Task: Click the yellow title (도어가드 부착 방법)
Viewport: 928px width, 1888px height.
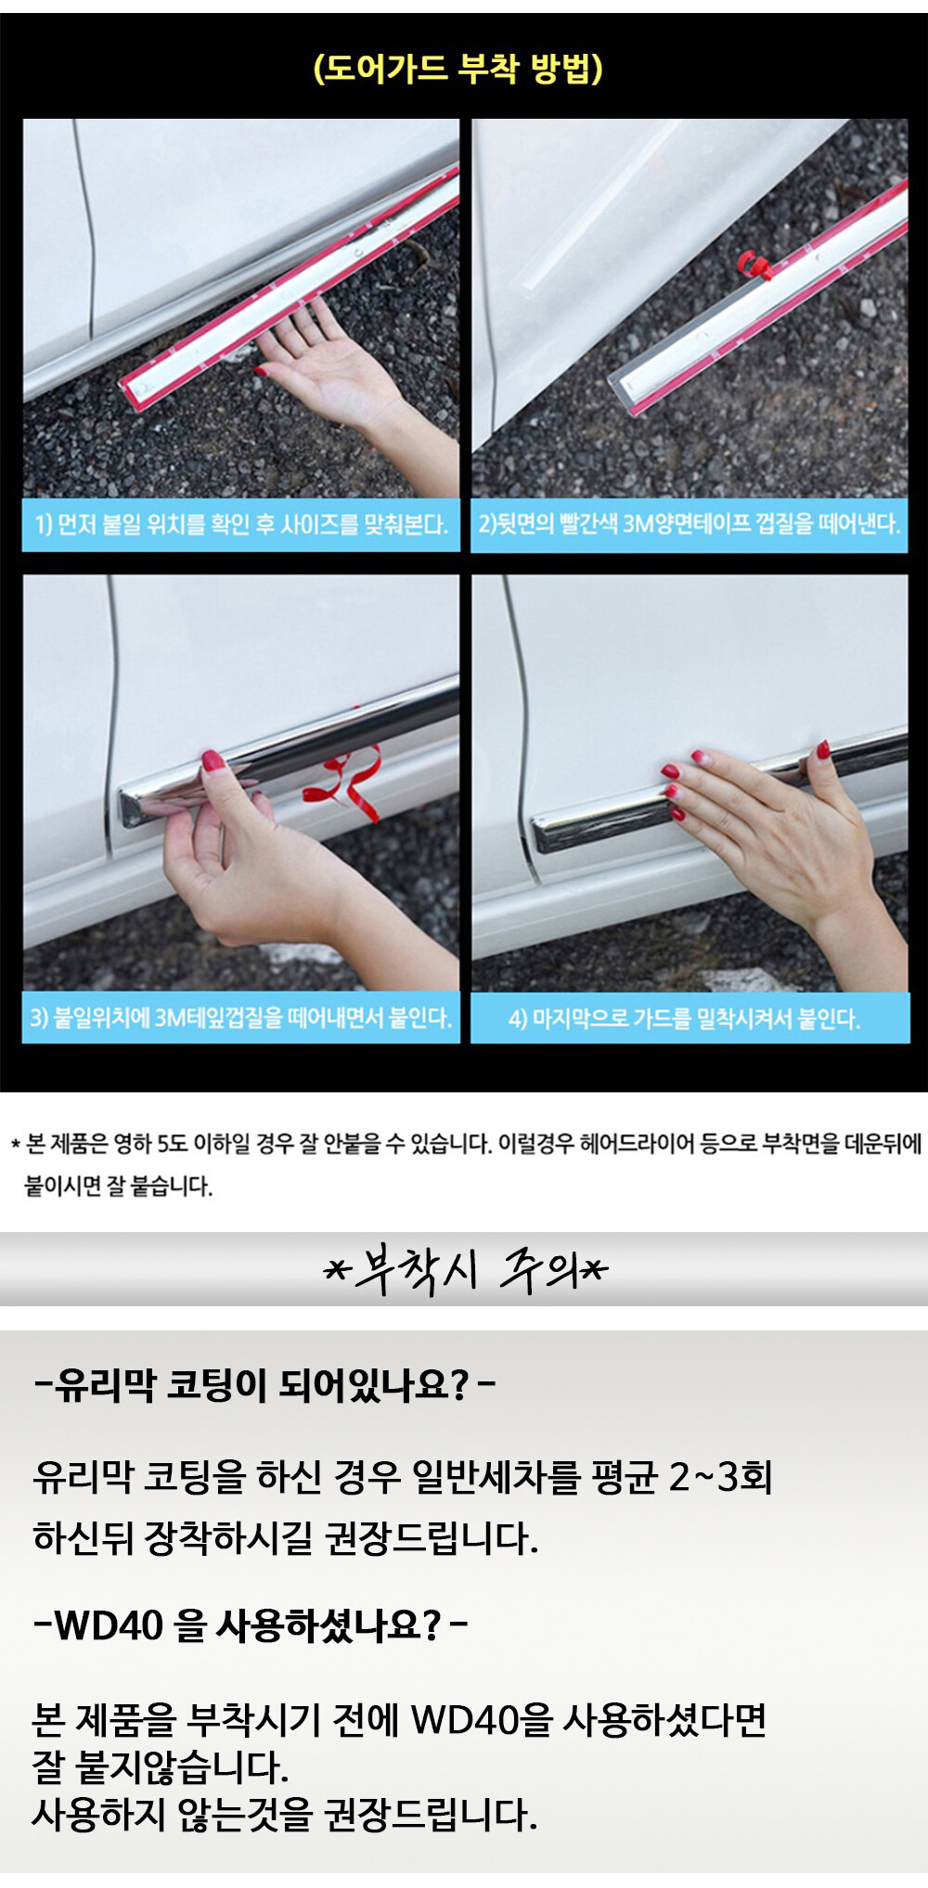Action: pyautogui.click(x=458, y=69)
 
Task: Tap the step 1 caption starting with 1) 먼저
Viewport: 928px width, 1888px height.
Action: pyautogui.click(x=241, y=525)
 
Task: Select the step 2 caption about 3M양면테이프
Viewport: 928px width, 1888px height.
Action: pyautogui.click(x=690, y=524)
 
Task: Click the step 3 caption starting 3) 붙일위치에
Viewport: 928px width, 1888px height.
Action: pyautogui.click(x=241, y=1018)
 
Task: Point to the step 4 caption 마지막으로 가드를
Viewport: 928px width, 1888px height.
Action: pyautogui.click(x=685, y=1019)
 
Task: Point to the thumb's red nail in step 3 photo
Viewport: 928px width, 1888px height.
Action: pyautogui.click(x=213, y=764)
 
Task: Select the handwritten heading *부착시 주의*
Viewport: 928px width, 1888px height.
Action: pyautogui.click(x=465, y=1269)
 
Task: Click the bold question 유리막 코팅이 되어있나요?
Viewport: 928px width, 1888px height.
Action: pyautogui.click(x=264, y=1385)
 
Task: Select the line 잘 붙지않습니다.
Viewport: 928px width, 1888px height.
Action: pyautogui.click(x=161, y=1767)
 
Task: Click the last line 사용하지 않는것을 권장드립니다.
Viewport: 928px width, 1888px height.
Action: pyautogui.click(x=285, y=1815)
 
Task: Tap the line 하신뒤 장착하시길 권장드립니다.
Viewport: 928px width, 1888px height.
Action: pyautogui.click(x=286, y=1538)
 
